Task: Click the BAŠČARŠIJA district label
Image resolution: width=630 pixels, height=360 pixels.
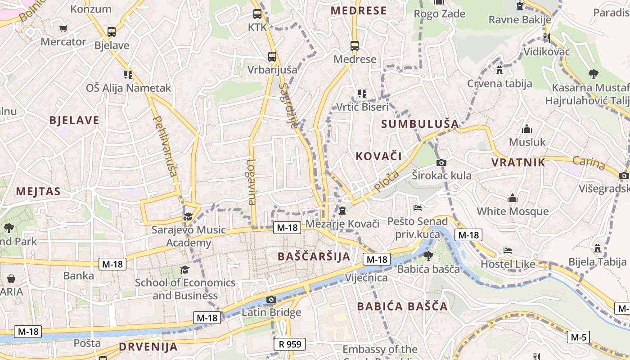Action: tap(314, 256)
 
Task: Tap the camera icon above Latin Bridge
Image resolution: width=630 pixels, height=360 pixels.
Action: tap(271, 300)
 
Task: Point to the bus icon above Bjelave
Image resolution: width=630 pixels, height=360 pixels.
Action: tap(111, 32)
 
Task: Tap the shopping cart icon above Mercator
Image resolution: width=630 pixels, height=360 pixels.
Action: tap(63, 28)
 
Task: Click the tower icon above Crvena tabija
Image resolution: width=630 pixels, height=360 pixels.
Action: tap(499, 70)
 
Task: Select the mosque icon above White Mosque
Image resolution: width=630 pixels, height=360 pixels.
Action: tap(512, 198)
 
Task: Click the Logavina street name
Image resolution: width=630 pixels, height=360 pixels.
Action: tap(252, 182)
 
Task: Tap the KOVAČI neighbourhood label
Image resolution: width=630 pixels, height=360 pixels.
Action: tap(378, 156)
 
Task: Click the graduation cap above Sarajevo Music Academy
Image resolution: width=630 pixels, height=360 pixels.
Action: tap(188, 217)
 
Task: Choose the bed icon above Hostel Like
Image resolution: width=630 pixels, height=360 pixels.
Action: tap(508, 251)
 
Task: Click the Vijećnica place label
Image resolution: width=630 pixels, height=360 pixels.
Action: tap(366, 278)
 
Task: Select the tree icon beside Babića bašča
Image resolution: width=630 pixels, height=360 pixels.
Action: tap(428, 256)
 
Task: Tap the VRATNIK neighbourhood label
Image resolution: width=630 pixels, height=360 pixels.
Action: tap(518, 162)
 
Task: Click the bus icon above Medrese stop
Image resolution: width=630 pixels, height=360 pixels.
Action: tap(355, 46)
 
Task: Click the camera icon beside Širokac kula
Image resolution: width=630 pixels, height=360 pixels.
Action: tap(441, 162)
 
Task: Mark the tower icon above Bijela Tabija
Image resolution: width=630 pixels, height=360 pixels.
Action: tap(597, 248)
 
